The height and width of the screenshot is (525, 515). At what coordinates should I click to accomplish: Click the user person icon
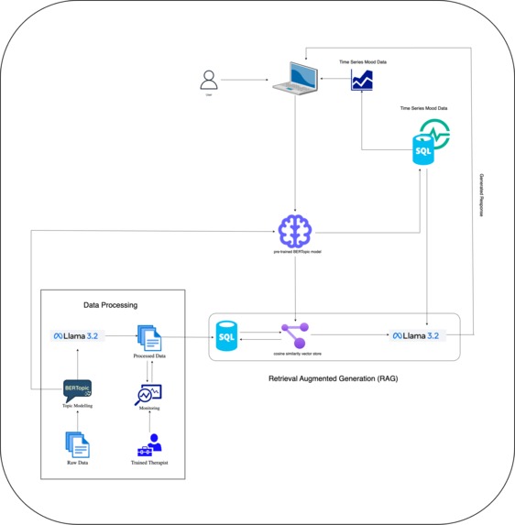click(x=210, y=81)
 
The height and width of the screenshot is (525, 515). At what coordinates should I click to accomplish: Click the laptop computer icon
click(x=295, y=79)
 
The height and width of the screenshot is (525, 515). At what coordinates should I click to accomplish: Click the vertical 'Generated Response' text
click(x=482, y=193)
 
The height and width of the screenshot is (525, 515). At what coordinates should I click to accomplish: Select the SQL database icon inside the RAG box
click(x=225, y=335)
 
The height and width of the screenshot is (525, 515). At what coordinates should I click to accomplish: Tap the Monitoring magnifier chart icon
click(x=148, y=395)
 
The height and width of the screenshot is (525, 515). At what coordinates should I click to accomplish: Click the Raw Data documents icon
click(x=79, y=444)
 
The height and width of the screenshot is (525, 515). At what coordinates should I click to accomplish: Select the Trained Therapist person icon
click(x=148, y=445)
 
